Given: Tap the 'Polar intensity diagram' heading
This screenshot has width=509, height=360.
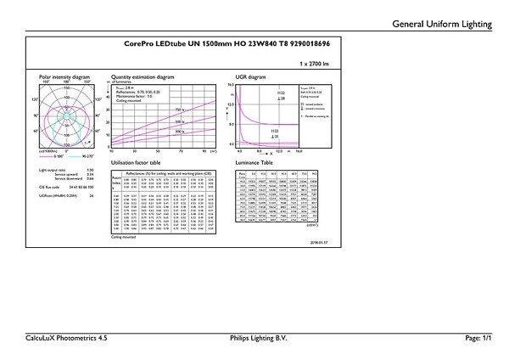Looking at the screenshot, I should [x=64, y=76].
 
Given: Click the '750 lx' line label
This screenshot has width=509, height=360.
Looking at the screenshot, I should [x=180, y=110].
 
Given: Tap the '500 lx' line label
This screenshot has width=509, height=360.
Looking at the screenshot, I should [x=180, y=122].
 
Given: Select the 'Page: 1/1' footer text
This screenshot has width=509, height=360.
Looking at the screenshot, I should [x=478, y=338].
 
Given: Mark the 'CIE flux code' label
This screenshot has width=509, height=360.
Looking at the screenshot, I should [x=51, y=185].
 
